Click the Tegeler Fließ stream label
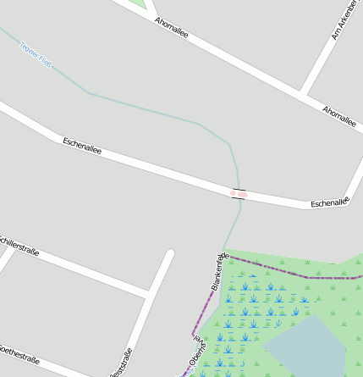(36, 54)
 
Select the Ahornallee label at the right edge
(339, 115)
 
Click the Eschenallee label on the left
(82, 145)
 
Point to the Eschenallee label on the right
(329, 203)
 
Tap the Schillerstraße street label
(19, 246)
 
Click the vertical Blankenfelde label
(220, 272)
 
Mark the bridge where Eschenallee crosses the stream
(239, 194)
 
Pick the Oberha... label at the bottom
(198, 357)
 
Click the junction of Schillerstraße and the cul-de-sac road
(148, 294)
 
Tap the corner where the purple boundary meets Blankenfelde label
(228, 256)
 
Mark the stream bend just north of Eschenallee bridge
(230, 146)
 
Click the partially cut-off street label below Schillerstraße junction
(121, 363)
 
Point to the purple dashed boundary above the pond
(308, 276)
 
